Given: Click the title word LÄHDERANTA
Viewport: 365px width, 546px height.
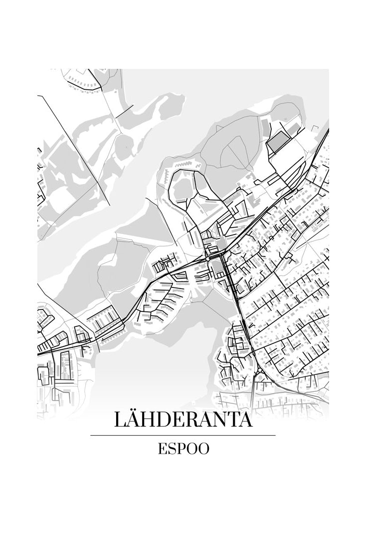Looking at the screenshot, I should tap(183, 420).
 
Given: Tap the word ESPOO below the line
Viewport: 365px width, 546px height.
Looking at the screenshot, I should tap(183, 448).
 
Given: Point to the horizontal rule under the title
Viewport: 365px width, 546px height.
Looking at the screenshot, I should tap(183, 436).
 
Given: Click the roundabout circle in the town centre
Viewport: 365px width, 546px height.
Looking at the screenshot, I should tap(207, 260).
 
